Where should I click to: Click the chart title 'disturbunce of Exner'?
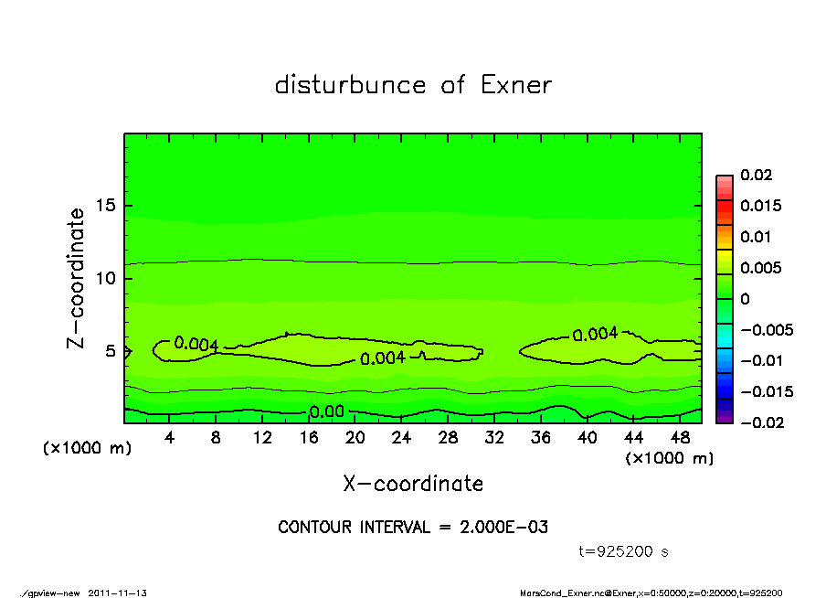point(413,86)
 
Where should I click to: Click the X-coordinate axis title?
point(413,484)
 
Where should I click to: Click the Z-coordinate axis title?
point(77,278)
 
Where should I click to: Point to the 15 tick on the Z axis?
point(106,206)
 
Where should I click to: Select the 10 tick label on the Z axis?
point(106,278)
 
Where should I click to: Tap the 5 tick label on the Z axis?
point(111,350)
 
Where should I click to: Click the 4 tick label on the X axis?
point(170,438)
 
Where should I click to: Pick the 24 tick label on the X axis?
point(401,438)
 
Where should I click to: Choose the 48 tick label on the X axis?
point(679,438)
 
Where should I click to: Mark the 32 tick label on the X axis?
point(494,438)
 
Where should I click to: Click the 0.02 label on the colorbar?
point(756,175)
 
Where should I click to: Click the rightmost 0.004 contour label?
point(595,335)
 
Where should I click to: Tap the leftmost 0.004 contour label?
point(196,344)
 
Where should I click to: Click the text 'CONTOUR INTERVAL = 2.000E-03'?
point(413,528)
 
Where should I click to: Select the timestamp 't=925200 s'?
point(624,552)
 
